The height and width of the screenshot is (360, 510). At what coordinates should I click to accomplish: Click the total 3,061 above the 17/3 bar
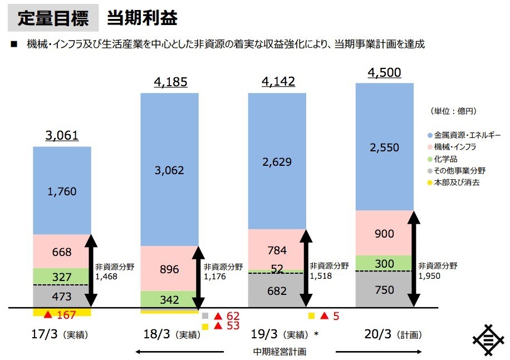61,136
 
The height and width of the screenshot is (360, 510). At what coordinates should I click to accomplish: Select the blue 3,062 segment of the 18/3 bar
170,170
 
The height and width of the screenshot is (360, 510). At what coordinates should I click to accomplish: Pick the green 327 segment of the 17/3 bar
61,277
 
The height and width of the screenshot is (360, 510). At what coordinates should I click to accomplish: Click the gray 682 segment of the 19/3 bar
277,290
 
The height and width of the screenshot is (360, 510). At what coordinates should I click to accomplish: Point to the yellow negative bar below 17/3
61,312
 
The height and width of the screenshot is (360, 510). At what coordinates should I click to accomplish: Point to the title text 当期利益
142,18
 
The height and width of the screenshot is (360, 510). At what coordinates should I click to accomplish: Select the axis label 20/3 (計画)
384,335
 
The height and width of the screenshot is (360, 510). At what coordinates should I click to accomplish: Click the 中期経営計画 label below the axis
279,352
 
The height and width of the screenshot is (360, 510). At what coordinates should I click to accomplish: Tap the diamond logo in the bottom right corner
488,339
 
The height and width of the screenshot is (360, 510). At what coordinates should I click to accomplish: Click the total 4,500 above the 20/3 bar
384,73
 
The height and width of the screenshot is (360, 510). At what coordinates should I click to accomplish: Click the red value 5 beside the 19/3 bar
336,316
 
